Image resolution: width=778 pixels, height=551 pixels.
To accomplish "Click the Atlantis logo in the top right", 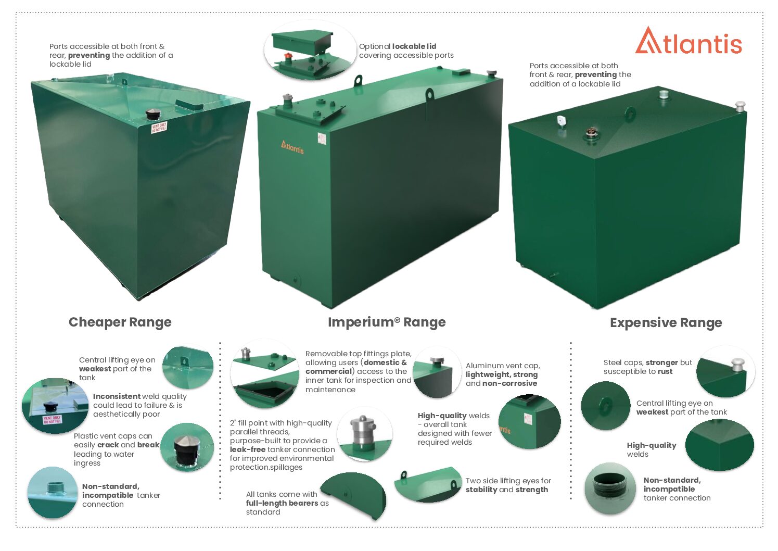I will point(688,41).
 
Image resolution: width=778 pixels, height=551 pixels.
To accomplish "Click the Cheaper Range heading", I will point(120,322).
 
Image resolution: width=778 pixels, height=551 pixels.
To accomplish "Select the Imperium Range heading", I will point(387,322).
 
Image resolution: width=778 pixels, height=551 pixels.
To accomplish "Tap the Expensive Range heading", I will point(666,323).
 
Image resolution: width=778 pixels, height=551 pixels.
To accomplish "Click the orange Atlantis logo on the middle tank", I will point(292,146).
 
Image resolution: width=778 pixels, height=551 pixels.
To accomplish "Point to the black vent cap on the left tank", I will point(153,114).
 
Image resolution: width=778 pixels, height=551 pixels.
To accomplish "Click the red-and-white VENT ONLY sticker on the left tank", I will point(159,128).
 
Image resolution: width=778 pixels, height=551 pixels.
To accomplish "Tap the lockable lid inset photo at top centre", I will point(309,51).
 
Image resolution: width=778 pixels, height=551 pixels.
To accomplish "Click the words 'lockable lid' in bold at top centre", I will point(414,46).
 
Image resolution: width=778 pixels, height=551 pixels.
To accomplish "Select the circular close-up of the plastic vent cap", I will point(187,447).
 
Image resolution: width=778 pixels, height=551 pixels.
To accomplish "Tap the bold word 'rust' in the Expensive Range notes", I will point(665,371).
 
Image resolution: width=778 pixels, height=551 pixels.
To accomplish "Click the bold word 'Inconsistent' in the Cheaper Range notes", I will point(117,396).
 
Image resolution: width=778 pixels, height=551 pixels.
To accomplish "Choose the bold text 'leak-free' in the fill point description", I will point(248,449).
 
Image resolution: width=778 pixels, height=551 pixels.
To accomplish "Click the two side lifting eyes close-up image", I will point(428,484).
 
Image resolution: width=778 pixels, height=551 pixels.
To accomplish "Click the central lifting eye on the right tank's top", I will point(630,114).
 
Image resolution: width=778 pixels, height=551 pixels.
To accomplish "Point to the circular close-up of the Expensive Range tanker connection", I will point(610,489).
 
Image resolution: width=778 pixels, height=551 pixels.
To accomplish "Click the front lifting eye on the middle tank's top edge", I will point(430,95).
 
